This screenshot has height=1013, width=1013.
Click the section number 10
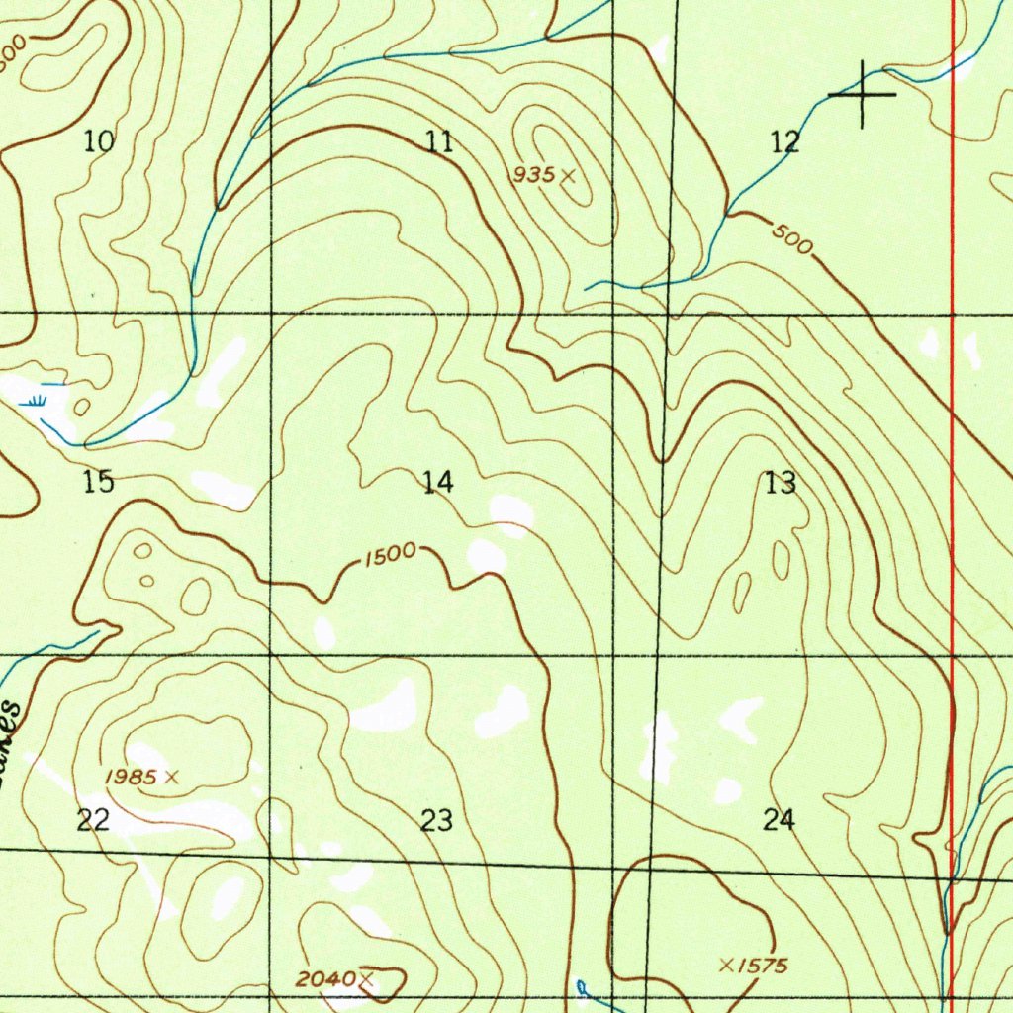(99, 141)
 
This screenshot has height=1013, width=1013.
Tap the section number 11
(439, 141)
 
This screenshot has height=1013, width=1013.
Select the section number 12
(784, 142)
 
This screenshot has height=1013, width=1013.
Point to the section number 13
(781, 484)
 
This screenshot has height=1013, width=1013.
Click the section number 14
(437, 483)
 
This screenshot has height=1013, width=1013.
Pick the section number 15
(98, 483)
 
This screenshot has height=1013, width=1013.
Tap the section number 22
(93, 820)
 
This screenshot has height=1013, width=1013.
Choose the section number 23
(436, 820)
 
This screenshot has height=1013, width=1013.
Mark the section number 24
(780, 820)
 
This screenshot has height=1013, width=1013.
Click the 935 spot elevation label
(533, 175)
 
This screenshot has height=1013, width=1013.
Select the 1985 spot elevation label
(130, 778)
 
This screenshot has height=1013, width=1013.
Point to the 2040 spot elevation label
(325, 979)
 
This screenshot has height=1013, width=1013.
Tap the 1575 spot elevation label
(766, 966)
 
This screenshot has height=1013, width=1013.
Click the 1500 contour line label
(389, 556)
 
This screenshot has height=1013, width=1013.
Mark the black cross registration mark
(863, 94)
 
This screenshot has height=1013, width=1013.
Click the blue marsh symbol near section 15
(36, 401)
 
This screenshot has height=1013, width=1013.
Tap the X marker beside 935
(568, 175)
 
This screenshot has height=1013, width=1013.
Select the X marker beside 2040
(366, 979)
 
